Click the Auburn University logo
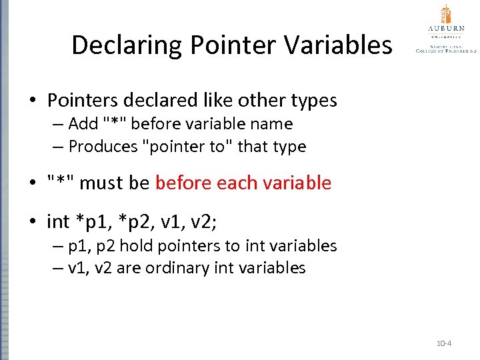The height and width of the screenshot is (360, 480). click(x=446, y=30)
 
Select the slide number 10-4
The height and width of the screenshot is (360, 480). click(x=444, y=343)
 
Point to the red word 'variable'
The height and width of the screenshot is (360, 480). click(x=299, y=183)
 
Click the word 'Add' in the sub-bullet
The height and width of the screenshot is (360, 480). click(x=83, y=124)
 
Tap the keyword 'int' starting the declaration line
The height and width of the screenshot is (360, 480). click(x=58, y=221)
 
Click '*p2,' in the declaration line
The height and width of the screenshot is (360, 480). click(x=142, y=221)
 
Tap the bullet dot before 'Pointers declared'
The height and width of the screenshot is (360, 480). click(x=32, y=101)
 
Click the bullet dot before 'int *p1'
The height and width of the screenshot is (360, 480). click(x=32, y=221)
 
